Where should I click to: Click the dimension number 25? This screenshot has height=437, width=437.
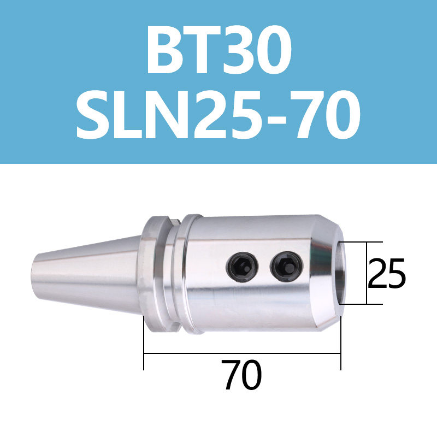click(387, 274)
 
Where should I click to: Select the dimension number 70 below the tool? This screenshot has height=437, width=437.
click(243, 375)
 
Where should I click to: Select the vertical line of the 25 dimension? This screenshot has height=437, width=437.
click(366, 273)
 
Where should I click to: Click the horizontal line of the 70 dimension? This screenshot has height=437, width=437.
click(243, 353)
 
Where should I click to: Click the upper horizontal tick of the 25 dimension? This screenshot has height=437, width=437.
click(361, 242)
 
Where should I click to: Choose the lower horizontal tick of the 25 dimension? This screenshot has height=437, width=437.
click(361, 304)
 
